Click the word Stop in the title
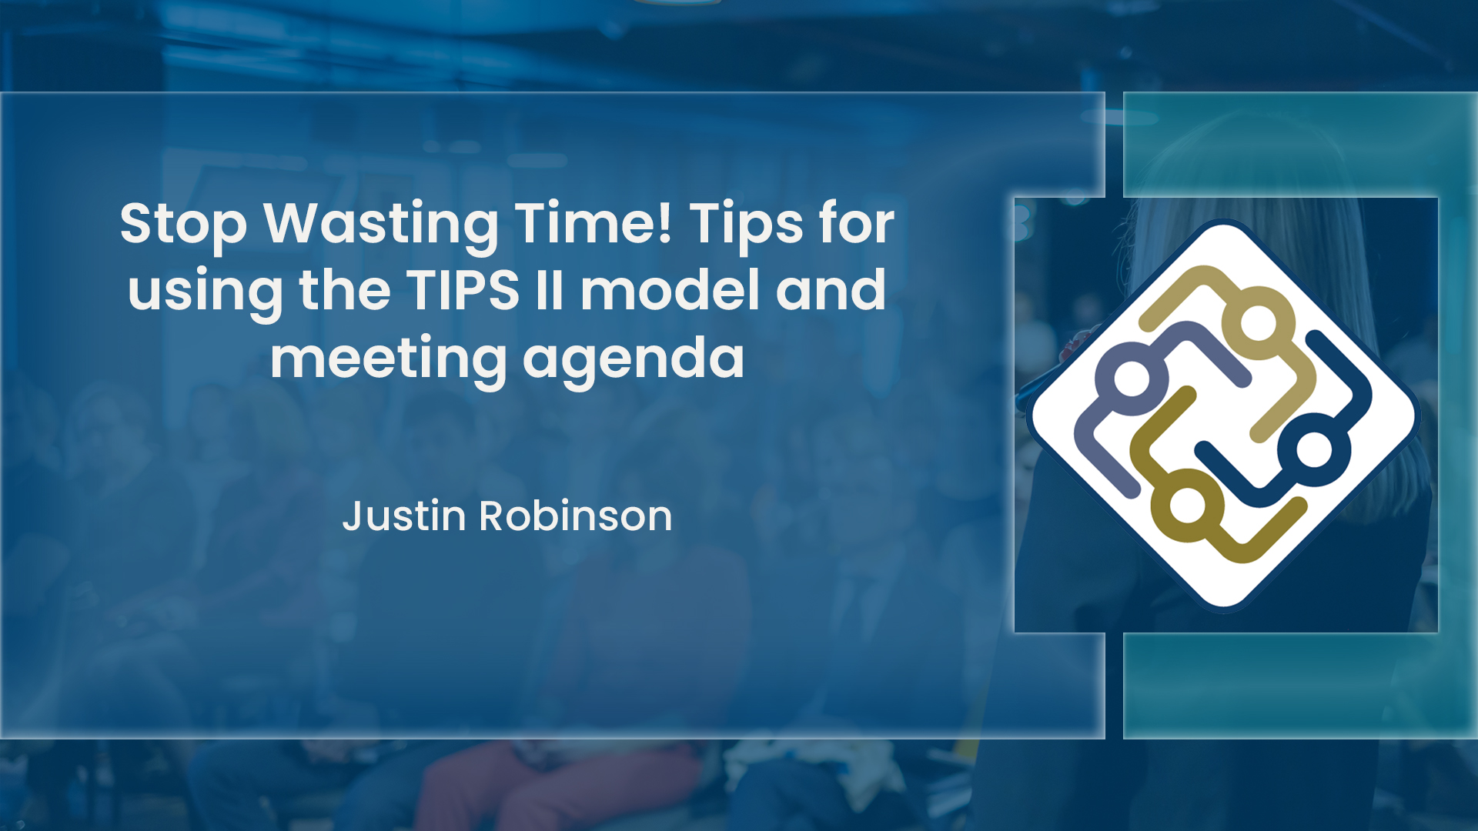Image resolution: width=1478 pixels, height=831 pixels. click(x=183, y=224)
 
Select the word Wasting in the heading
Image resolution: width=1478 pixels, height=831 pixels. click(x=381, y=224)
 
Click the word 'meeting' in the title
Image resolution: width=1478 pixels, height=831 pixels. click(x=388, y=359)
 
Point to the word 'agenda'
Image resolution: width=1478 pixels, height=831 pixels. click(x=634, y=359)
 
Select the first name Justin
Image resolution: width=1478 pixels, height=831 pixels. click(x=404, y=516)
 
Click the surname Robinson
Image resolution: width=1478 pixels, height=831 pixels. click(x=576, y=516)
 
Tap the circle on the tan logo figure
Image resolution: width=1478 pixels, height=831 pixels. click(x=1258, y=322)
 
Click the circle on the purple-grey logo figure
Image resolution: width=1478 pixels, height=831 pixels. click(x=1132, y=379)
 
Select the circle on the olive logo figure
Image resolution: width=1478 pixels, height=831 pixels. click(x=1187, y=506)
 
